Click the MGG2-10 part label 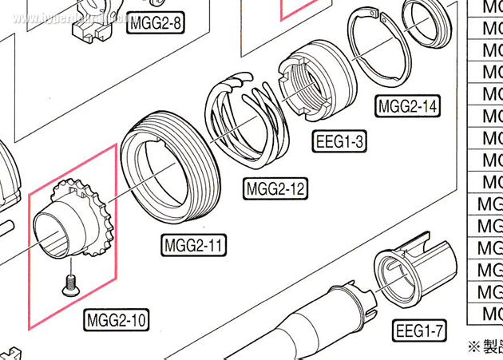(x=116, y=321)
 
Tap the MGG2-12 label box (x=275, y=189)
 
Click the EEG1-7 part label (x=419, y=330)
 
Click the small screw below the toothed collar (x=69, y=281)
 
